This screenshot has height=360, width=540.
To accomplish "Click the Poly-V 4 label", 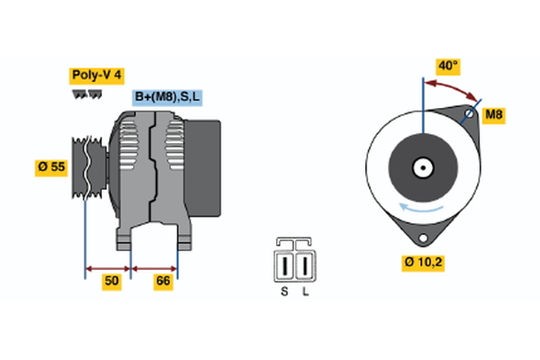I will point(97,76).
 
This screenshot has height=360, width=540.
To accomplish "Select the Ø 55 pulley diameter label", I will point(51,167).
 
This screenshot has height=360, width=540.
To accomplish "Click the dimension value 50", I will point(111,282).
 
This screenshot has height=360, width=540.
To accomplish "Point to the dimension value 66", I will point(164,282).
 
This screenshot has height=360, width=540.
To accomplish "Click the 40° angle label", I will point(448,66).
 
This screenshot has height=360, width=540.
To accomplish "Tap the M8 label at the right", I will point(494,114).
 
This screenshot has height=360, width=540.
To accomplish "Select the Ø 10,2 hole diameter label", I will point(424,263).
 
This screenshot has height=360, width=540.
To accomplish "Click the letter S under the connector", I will point(285,292).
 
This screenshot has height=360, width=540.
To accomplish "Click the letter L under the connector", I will point(306,292).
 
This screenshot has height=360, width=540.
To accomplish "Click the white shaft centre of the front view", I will point(421,167).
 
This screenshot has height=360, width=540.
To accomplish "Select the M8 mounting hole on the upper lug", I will point(469,114).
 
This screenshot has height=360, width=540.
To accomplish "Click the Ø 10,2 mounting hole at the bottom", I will point(422,238).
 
